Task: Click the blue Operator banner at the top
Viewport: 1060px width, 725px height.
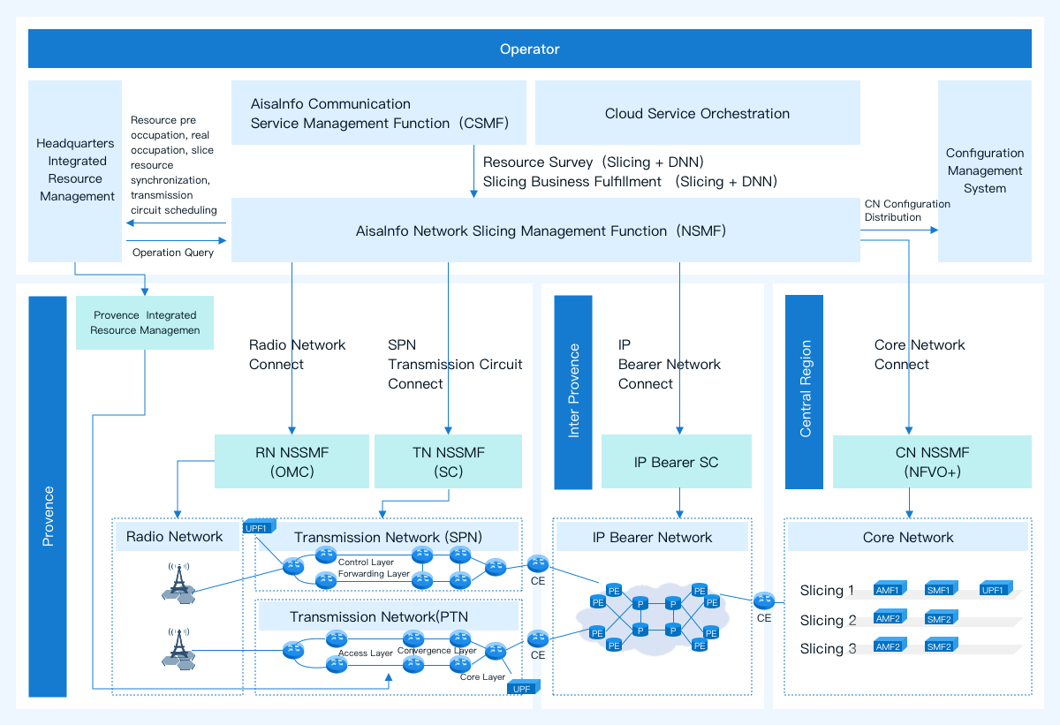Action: pyautogui.click(x=529, y=49)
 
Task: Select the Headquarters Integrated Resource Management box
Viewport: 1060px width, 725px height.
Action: pyautogui.click(x=75, y=170)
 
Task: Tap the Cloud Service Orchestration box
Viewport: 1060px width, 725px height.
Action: pyautogui.click(x=697, y=113)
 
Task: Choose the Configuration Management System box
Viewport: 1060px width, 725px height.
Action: pyautogui.click(x=984, y=170)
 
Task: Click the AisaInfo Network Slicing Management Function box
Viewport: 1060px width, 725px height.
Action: pyautogui.click(x=545, y=230)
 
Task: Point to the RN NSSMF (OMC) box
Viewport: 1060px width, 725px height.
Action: pyautogui.click(x=291, y=461)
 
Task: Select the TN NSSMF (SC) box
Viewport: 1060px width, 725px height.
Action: pyautogui.click(x=448, y=461)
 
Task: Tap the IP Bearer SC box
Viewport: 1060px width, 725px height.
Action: pyautogui.click(x=676, y=462)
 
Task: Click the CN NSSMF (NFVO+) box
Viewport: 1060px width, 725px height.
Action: pyautogui.click(x=932, y=461)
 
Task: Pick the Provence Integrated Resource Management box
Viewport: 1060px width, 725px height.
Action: pyautogui.click(x=145, y=322)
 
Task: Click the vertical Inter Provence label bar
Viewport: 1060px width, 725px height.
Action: pyautogui.click(x=573, y=391)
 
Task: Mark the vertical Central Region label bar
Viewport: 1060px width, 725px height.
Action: pyautogui.click(x=804, y=391)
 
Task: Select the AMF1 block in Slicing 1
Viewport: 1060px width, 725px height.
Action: pyautogui.click(x=888, y=590)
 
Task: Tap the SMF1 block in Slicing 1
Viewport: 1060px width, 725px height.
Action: pyautogui.click(x=939, y=590)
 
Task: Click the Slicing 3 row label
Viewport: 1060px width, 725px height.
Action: pyautogui.click(x=828, y=649)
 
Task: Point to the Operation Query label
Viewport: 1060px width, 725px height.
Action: pyautogui.click(x=173, y=253)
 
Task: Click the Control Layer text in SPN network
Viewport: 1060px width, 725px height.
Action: pyautogui.click(x=366, y=562)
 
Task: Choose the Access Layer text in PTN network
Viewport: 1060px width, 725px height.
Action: pyautogui.click(x=366, y=653)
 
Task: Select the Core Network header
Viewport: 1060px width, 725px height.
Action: pyautogui.click(x=907, y=537)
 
